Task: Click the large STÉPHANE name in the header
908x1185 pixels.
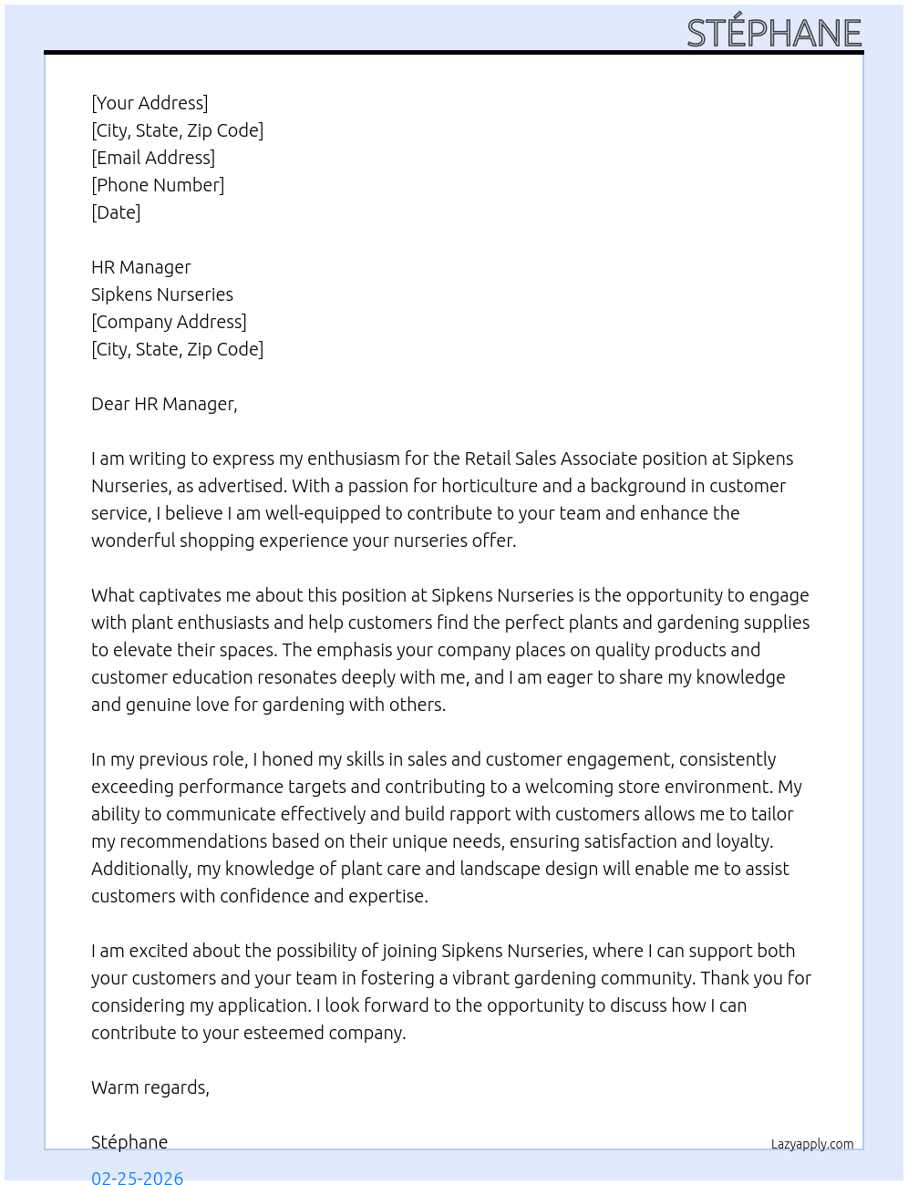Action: (x=774, y=33)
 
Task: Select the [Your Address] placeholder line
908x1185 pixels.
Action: (x=150, y=103)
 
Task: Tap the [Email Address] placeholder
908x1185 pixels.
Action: (x=153, y=158)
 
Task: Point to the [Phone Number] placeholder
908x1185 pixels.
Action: (x=158, y=185)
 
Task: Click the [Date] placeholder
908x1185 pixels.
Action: (x=116, y=212)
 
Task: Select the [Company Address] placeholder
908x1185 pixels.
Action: (x=169, y=322)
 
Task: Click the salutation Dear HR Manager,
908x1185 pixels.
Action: (x=164, y=404)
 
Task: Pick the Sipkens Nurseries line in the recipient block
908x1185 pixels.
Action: (x=162, y=294)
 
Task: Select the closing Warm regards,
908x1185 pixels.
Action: (x=150, y=1087)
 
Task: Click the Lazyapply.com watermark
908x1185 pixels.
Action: (x=812, y=1144)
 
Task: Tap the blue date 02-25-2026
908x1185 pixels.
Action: (x=138, y=1177)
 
